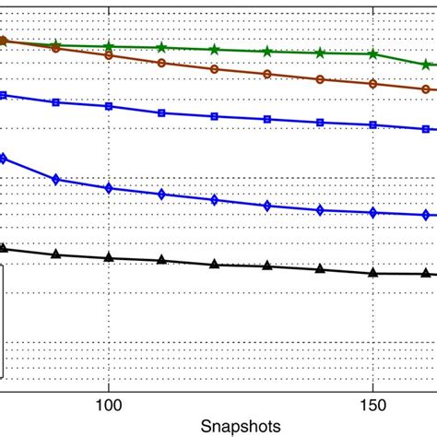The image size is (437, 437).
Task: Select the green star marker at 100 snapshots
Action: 109,46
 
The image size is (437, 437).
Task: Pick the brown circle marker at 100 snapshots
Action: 109,55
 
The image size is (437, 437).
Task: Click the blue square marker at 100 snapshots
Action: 109,106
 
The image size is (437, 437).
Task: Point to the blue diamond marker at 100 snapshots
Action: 109,188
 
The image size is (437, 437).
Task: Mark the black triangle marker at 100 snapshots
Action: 109,257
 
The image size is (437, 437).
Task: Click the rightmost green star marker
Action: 426,65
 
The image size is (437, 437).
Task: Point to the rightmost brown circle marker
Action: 426,89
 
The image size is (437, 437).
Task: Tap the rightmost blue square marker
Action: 426,129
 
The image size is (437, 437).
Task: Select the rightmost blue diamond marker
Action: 426,215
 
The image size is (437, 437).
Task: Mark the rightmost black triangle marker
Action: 426,273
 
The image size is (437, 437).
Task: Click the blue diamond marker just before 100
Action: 56,179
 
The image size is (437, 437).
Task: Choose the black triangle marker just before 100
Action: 56,254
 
